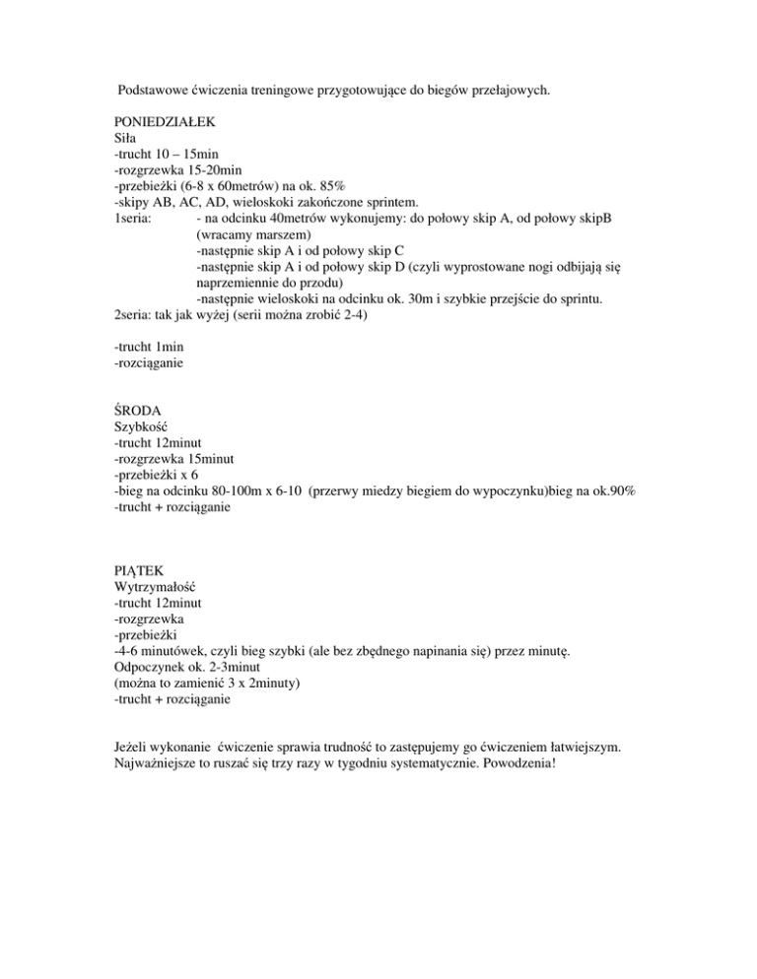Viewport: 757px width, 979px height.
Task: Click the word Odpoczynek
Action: click(x=151, y=666)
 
